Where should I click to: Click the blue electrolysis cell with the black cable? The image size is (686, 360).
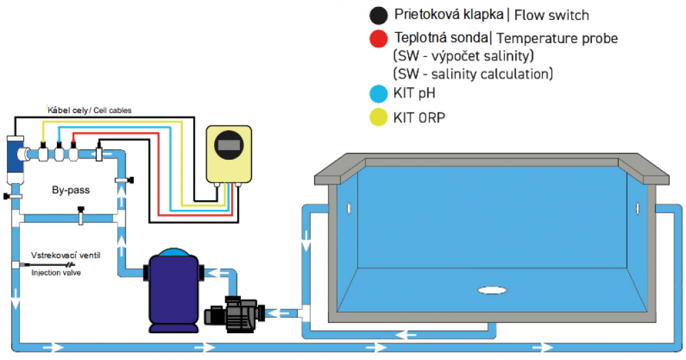(14, 154)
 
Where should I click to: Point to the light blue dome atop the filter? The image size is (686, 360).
(171, 253)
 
